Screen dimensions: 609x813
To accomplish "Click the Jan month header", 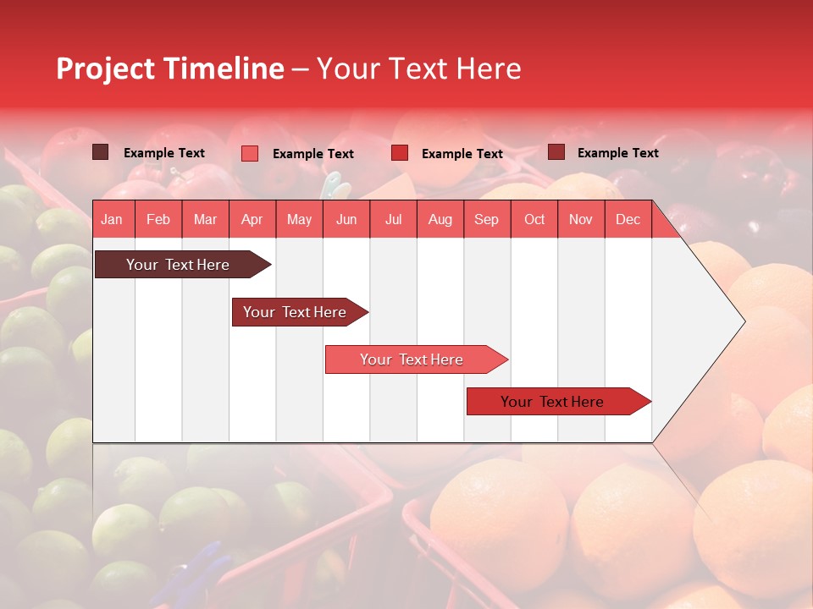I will (113, 219).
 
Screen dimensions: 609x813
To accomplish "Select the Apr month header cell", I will (252, 219).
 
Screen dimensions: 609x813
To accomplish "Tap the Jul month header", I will (393, 219).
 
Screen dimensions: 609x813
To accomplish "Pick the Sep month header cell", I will (487, 219).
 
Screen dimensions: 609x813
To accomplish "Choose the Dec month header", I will (628, 219).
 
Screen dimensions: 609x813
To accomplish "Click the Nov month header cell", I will (581, 219).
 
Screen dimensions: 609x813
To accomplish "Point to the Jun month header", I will (346, 219).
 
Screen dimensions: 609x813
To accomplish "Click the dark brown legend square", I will (100, 152).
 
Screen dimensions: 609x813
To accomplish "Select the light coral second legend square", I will (249, 153).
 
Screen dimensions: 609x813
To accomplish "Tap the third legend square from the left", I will (400, 153).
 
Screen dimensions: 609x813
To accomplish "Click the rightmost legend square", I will (556, 152).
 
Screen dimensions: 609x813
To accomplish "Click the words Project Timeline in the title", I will (169, 69).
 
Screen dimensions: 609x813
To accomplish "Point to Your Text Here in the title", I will (418, 69).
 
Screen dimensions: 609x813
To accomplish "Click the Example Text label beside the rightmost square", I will (617, 153).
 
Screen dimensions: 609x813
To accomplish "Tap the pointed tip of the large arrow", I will (742, 321).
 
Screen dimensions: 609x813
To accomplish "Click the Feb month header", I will (158, 219).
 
